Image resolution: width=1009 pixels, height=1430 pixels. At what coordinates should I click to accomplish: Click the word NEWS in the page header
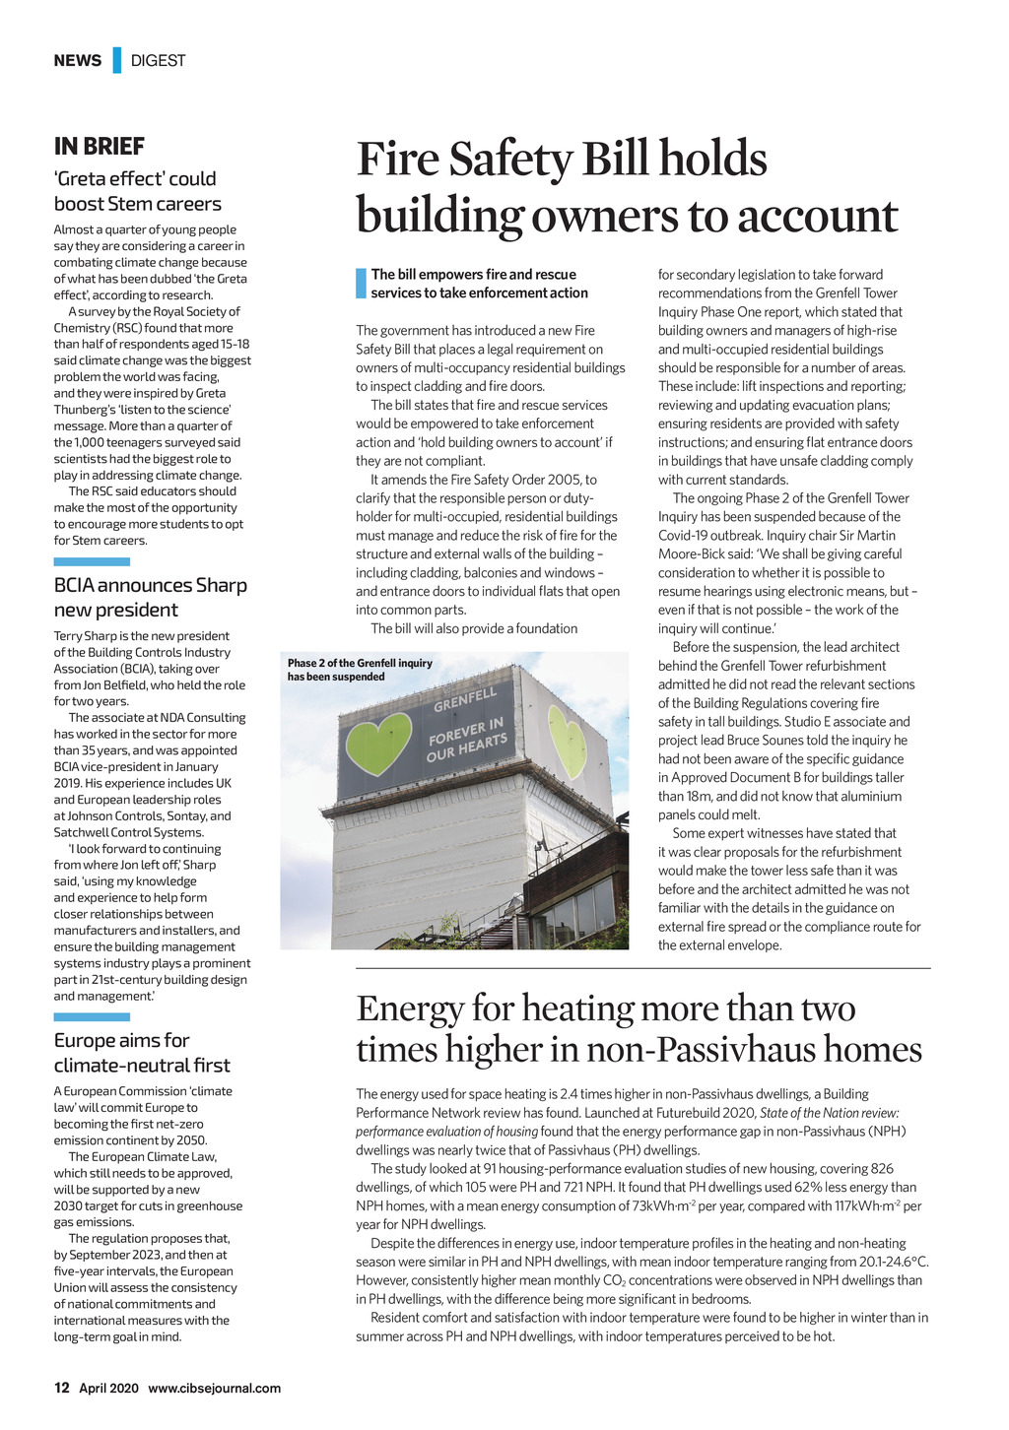coord(78,61)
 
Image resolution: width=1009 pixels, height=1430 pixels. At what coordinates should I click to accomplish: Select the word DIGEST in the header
coord(158,61)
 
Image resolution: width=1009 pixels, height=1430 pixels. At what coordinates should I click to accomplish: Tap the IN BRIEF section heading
coord(100,147)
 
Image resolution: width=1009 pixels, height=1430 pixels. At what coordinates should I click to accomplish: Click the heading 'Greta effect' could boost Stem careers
coord(137,191)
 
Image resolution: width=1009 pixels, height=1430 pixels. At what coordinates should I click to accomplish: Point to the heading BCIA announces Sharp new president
coord(150,597)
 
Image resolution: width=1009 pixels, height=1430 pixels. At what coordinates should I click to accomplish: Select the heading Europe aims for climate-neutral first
coord(142,1052)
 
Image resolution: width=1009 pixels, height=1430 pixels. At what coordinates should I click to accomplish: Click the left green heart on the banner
coord(378,742)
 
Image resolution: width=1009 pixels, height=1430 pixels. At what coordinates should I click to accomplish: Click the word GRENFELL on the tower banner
coord(466,699)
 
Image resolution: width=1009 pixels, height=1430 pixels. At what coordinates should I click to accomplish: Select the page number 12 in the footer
coord(61,1388)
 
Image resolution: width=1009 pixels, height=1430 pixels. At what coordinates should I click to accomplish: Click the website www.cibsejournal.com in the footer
coord(214,1388)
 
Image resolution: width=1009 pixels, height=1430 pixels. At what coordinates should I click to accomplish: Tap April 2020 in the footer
coord(108,1388)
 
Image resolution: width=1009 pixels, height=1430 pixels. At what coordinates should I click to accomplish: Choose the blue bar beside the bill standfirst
coord(361,284)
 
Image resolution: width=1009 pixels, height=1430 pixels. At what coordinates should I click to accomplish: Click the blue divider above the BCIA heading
coord(92,561)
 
